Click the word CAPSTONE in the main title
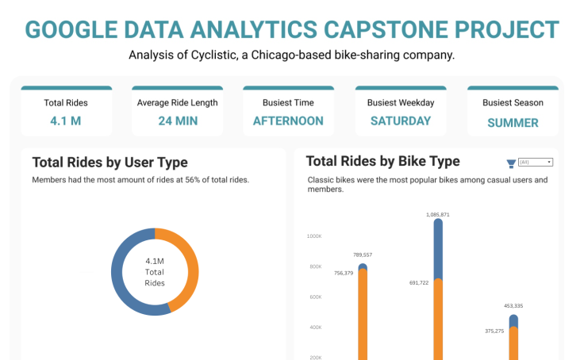[x=380, y=29]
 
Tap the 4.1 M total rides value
[x=66, y=121]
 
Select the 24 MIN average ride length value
[x=177, y=121]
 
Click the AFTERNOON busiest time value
[x=288, y=121]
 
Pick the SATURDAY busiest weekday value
[x=401, y=121]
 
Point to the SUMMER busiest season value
[x=513, y=123]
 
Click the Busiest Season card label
[x=513, y=102]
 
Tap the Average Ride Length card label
[x=177, y=102]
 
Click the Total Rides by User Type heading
[x=109, y=163]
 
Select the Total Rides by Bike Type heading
[x=382, y=161]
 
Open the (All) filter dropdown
[x=535, y=162]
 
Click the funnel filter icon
[x=511, y=163]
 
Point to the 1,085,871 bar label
[x=437, y=214]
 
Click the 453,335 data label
[x=513, y=306]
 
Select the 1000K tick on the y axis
[x=314, y=236]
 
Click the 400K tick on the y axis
[x=314, y=327]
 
